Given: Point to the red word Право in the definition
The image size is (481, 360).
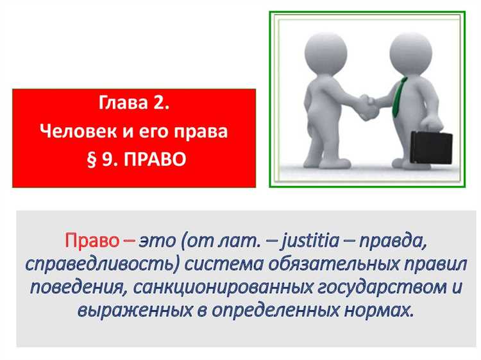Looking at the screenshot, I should pos(92,242).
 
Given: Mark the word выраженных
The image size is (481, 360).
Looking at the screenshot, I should pos(135,311).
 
